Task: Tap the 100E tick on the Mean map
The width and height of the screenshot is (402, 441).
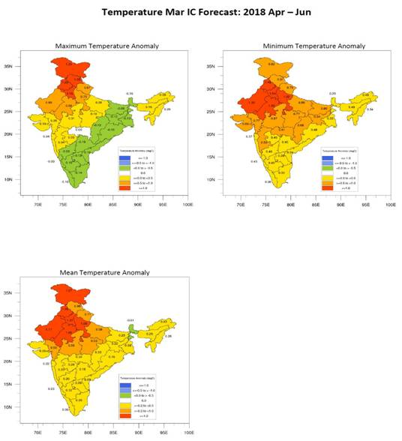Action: (189, 432)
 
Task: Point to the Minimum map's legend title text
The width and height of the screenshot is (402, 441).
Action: (337, 151)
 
